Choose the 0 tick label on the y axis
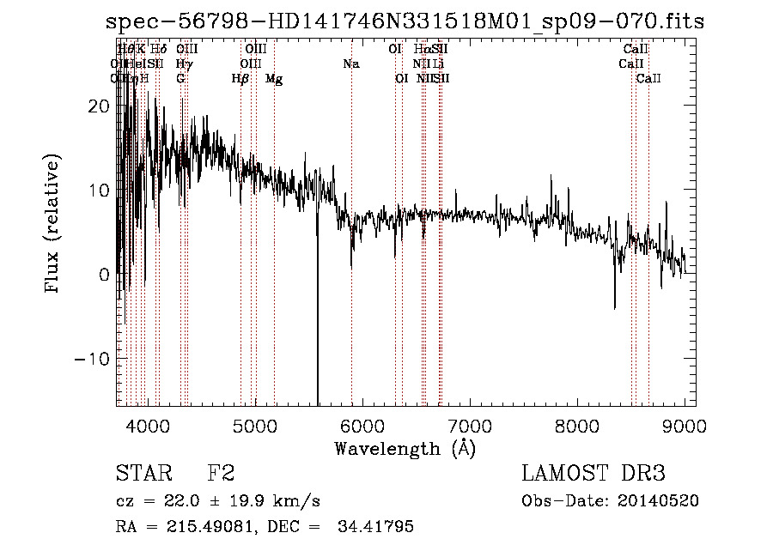(x=104, y=275)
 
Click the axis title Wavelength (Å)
(x=405, y=448)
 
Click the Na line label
(x=350, y=64)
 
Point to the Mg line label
(x=274, y=79)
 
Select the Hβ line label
(x=240, y=79)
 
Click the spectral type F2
(x=221, y=474)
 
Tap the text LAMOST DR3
(x=593, y=474)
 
